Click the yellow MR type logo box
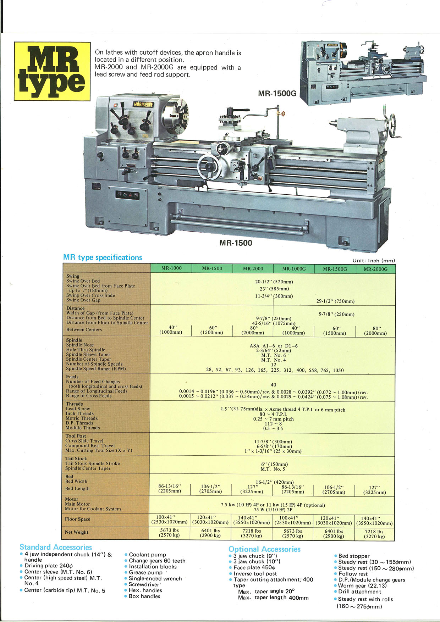click(x=52, y=71)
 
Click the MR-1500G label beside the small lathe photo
click(x=277, y=94)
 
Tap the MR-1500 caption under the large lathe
click(x=236, y=243)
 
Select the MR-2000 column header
click(x=253, y=268)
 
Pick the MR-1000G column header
click(x=294, y=269)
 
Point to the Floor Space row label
click(x=77, y=519)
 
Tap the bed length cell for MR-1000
click(x=170, y=488)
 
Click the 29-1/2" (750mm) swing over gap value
click(x=335, y=301)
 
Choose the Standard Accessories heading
click(x=56, y=547)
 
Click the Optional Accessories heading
click(x=264, y=549)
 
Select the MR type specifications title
click(x=103, y=257)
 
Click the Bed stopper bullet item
click(x=352, y=556)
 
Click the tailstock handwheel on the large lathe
click(x=392, y=126)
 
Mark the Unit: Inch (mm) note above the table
click(x=373, y=261)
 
